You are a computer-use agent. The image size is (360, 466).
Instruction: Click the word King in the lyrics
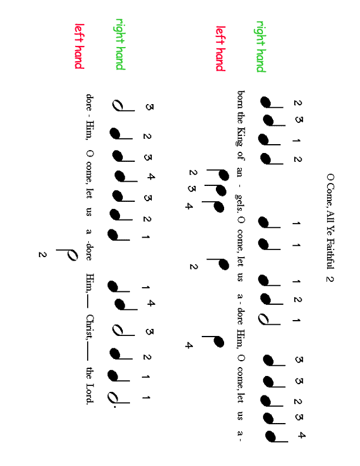pos(241,137)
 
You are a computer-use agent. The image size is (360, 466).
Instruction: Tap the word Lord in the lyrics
pos(89,394)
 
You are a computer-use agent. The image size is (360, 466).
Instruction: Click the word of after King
pos(241,155)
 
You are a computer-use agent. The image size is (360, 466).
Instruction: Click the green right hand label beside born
pos(261,47)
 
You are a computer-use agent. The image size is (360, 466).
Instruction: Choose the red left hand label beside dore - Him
pos(79,46)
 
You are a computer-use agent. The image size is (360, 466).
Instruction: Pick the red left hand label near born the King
pos(221,48)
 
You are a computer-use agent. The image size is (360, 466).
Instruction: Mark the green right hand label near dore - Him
pos(121,44)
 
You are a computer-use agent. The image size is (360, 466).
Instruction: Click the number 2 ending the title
pos(329,279)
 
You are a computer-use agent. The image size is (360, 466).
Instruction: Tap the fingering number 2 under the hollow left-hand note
pos(42,255)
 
